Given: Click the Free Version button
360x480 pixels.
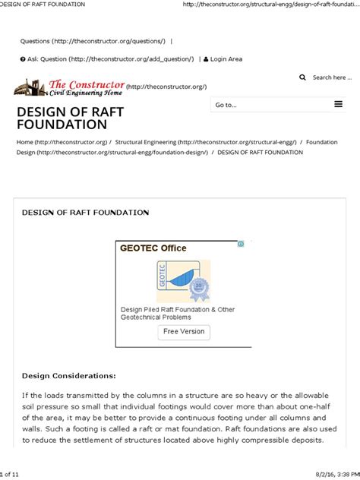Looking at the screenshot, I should (x=184, y=332).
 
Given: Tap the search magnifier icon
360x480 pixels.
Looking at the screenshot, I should (x=303, y=77).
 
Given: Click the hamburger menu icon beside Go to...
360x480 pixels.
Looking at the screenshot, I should (x=338, y=105).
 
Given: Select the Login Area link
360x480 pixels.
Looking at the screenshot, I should (x=226, y=59).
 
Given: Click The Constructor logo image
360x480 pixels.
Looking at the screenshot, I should (x=68, y=87).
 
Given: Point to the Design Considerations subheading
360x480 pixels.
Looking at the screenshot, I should (x=69, y=375).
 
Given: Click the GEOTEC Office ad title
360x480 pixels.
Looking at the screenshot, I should (x=153, y=248).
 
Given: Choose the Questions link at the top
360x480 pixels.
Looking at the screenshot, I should (x=93, y=41).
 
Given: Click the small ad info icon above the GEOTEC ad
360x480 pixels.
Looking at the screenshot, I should (x=241, y=244).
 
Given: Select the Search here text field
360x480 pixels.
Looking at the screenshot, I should (x=332, y=77).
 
